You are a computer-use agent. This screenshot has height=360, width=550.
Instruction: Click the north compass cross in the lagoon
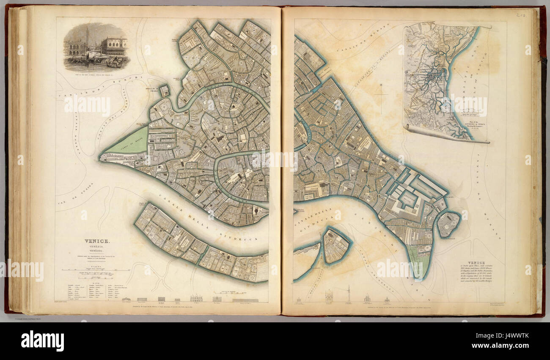click(380, 95)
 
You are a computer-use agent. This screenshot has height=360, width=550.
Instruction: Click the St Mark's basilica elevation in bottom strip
click(196, 298)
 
